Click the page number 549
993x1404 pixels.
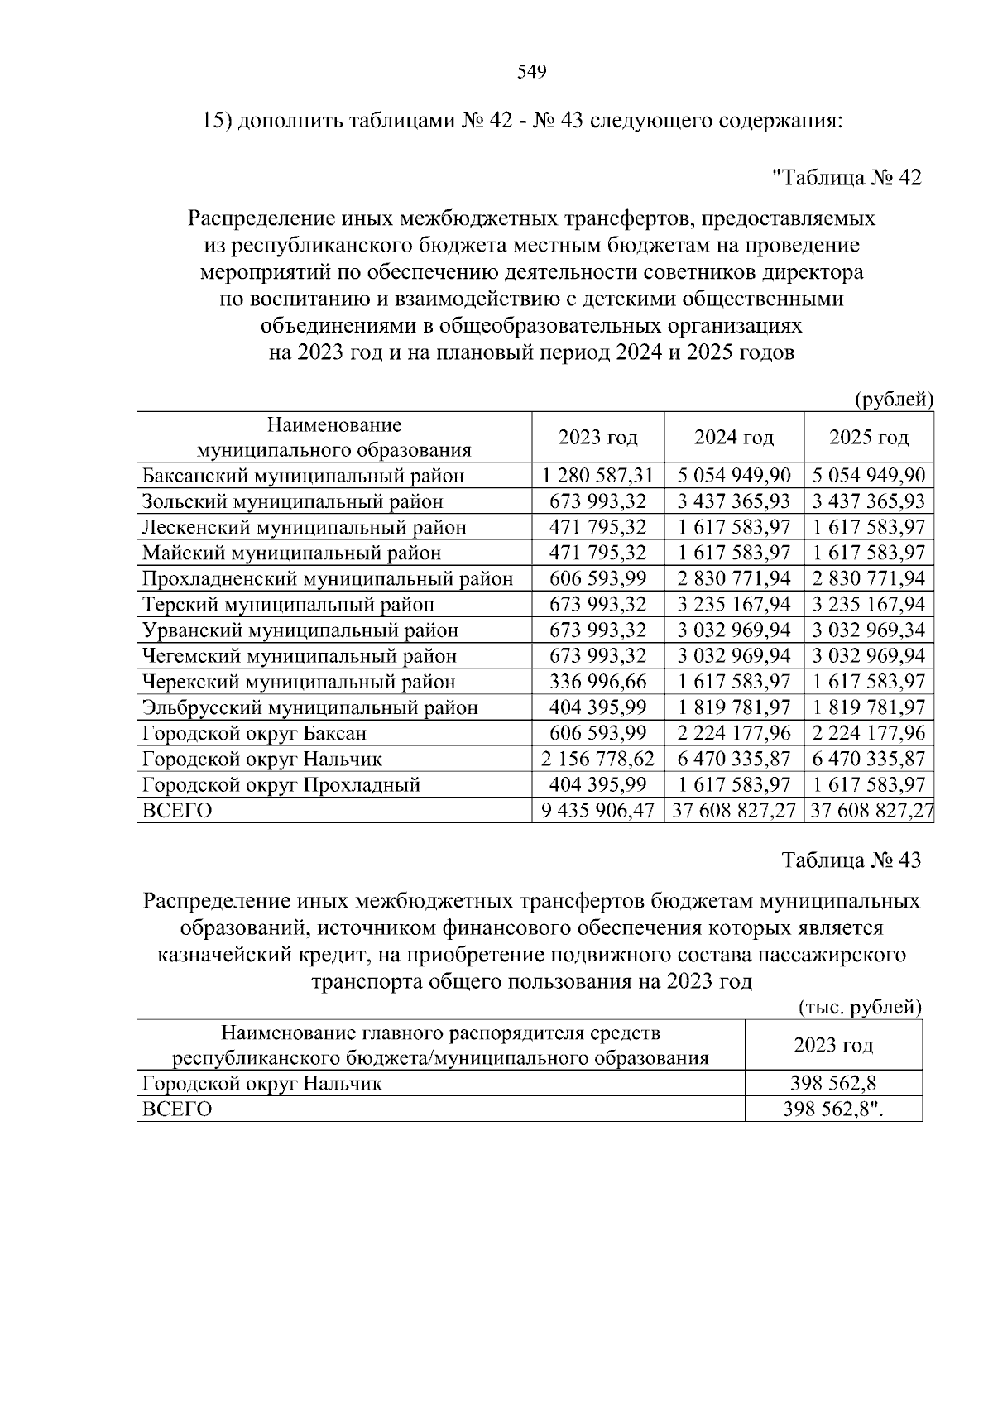[531, 73]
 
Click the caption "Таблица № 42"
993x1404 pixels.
[846, 178]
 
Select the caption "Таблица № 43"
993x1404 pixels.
[851, 860]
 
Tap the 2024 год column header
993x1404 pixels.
[733, 437]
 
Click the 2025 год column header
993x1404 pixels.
[869, 437]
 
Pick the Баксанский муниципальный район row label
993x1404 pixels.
[303, 476]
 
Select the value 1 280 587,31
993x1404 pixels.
[597, 476]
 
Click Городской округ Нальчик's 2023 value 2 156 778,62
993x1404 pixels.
[597, 759]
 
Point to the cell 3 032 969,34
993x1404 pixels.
[869, 630]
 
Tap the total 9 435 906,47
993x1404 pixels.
[597, 811]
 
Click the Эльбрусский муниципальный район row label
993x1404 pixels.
[309, 707]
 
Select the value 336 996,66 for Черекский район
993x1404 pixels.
[597, 682]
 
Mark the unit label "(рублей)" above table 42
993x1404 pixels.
[894, 400]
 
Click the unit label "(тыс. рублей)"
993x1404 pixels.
[860, 1007]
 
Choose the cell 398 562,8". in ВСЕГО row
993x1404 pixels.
[833, 1109]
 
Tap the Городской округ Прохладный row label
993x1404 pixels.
[281, 784]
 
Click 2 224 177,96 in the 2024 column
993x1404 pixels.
[733, 733]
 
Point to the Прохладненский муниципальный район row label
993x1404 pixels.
[327, 578]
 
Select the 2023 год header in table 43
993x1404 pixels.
[833, 1045]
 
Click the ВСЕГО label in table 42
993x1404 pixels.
[177, 811]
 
